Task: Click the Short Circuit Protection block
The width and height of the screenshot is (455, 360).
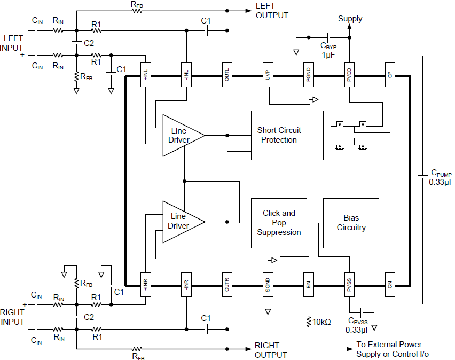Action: click(279, 135)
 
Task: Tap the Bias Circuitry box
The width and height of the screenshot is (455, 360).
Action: click(351, 223)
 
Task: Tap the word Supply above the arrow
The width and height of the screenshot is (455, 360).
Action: click(350, 19)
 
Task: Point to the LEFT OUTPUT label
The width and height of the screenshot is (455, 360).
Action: click(272, 11)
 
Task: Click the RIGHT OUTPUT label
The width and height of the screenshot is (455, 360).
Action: click(270, 350)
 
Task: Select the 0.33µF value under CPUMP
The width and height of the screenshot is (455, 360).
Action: click(441, 182)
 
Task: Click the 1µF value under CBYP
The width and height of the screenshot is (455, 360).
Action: click(328, 55)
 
